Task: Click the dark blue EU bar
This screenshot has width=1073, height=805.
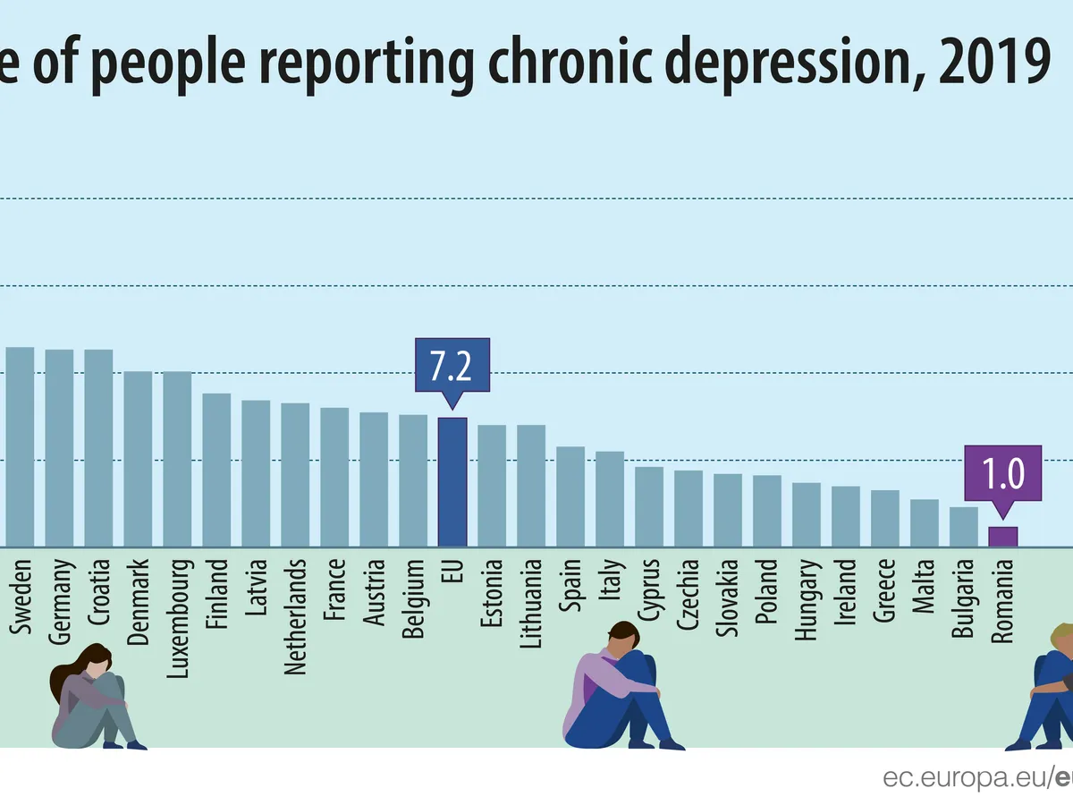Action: pyautogui.click(x=452, y=482)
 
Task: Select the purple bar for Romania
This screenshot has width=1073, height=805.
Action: pyautogui.click(x=1002, y=537)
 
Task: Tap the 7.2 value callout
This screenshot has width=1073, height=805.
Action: pyautogui.click(x=452, y=366)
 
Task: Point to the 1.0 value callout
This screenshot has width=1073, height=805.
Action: pyautogui.click(x=1002, y=473)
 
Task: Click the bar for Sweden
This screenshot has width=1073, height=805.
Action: pyautogui.click(x=20, y=446)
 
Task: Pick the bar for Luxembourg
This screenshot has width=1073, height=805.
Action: pyautogui.click(x=177, y=459)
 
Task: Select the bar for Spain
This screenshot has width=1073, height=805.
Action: pyautogui.click(x=570, y=496)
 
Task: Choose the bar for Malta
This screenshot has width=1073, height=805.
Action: pyautogui.click(x=925, y=523)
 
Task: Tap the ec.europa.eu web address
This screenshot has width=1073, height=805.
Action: pyautogui.click(x=970, y=777)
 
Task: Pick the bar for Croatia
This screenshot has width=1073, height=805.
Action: pyautogui.click(x=98, y=447)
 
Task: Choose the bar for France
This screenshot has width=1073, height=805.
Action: pyautogui.click(x=334, y=477)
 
